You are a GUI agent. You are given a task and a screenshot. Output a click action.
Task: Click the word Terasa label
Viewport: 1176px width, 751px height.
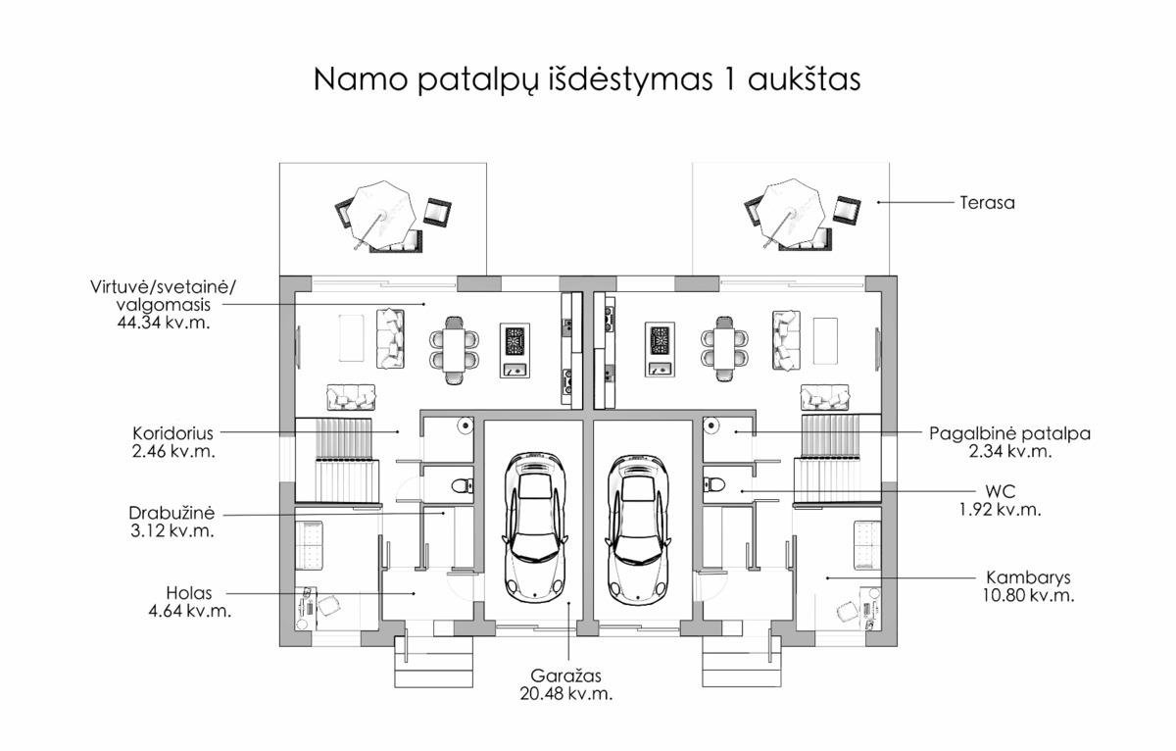tap(987, 203)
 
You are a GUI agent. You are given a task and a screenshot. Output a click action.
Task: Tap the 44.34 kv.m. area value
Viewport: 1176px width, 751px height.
tap(164, 323)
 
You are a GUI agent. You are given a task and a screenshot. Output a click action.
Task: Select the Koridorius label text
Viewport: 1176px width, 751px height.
tap(172, 433)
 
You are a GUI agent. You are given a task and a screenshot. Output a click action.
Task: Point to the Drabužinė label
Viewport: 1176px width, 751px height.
tap(171, 513)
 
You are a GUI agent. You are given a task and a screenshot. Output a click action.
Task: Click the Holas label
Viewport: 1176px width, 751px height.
tap(189, 593)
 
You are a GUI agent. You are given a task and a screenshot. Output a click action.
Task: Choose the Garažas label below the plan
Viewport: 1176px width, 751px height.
tap(566, 676)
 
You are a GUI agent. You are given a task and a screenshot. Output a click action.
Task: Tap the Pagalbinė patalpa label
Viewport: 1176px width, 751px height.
tap(1009, 433)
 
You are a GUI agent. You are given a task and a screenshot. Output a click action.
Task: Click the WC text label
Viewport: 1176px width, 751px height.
tap(1001, 491)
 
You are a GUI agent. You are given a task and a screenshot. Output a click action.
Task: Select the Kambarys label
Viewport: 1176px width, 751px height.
tap(1028, 577)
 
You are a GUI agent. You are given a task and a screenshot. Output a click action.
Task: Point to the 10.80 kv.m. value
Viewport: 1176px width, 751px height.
tap(1028, 595)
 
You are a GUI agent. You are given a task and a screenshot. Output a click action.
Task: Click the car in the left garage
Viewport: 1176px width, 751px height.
tap(535, 526)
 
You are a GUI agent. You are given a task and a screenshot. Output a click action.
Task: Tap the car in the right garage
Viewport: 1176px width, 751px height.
tap(638, 526)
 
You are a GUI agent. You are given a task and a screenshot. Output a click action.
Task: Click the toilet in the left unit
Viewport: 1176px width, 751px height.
tap(463, 485)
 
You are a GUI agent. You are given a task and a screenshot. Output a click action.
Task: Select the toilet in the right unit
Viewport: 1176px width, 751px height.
tap(714, 484)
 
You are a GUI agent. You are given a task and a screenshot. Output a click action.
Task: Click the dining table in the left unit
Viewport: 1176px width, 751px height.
tap(454, 350)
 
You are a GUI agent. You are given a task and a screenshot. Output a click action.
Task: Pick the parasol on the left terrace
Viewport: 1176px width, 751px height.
tap(380, 216)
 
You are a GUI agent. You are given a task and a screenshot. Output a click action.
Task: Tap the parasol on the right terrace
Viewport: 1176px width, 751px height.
tap(791, 213)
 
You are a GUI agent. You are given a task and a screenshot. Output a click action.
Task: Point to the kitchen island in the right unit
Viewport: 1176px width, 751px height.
tap(660, 350)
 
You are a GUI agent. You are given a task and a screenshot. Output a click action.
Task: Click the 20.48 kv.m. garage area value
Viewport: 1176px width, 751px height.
tap(566, 694)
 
